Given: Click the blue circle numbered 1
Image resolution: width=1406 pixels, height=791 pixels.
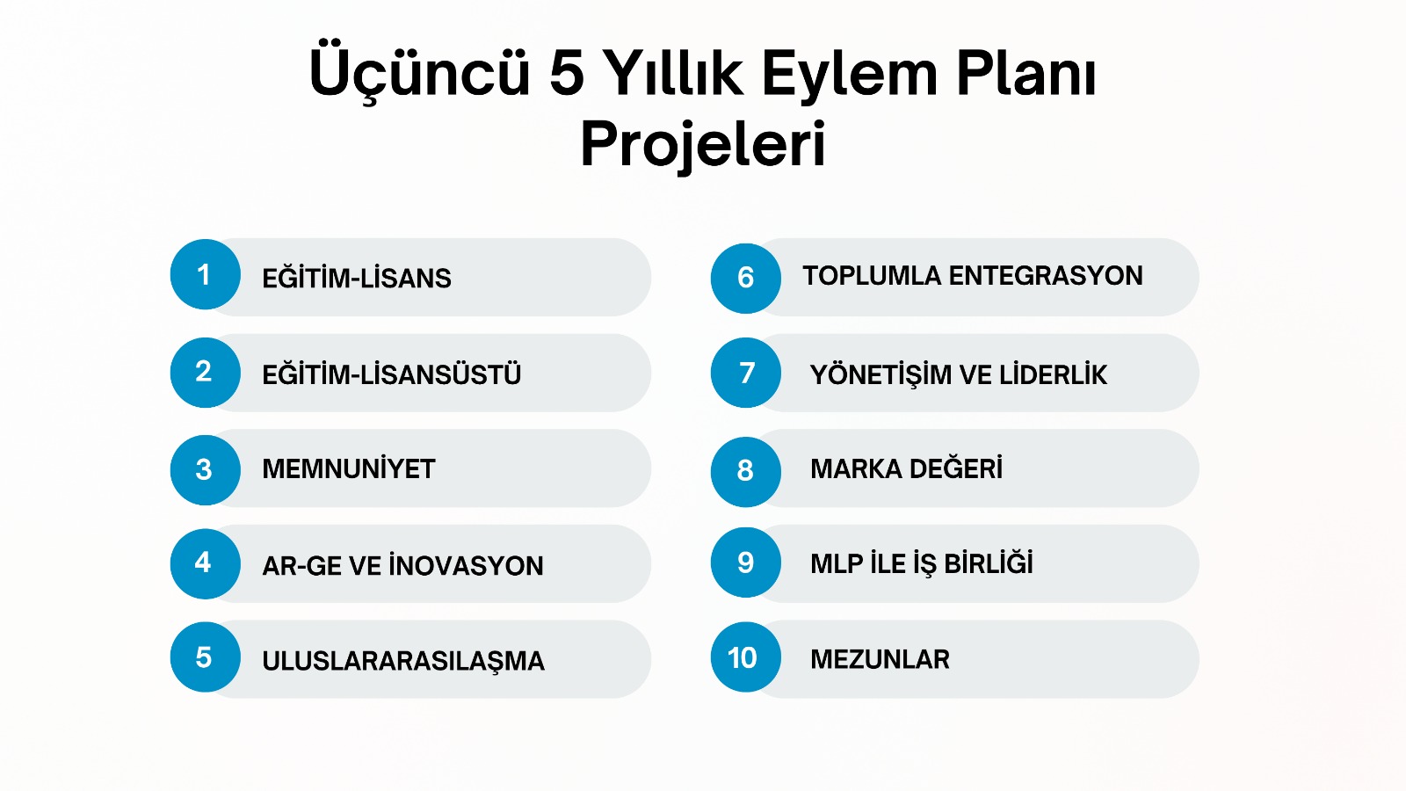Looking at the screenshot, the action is [x=206, y=274].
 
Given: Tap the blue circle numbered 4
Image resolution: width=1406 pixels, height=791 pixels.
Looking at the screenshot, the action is [x=206, y=563].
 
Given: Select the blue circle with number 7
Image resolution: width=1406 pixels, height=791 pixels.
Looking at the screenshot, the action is [x=746, y=373].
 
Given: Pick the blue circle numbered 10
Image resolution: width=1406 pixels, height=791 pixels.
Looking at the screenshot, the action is [x=746, y=657].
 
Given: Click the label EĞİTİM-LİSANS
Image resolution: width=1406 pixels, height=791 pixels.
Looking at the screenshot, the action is [x=357, y=278].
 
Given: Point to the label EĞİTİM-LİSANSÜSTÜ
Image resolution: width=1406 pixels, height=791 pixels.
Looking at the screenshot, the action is [x=392, y=374].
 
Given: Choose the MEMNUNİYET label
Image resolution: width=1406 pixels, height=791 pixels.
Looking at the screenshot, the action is [x=349, y=469].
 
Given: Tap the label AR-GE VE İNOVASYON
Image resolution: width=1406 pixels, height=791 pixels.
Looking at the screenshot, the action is [x=403, y=565].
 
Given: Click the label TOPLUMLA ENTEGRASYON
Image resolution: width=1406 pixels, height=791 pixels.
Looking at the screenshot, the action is [x=973, y=276].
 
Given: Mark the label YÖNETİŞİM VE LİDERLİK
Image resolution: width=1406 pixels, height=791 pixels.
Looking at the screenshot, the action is [x=959, y=374].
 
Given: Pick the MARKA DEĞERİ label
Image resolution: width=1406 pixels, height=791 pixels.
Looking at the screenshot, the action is [x=906, y=468].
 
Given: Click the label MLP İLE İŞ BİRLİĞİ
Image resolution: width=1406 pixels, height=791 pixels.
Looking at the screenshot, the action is [x=922, y=563].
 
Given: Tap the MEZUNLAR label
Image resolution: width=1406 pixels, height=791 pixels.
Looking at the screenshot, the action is [x=880, y=659].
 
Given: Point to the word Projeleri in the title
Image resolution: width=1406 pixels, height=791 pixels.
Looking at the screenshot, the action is [x=703, y=144].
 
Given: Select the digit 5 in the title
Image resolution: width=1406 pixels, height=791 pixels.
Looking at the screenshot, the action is [x=567, y=74].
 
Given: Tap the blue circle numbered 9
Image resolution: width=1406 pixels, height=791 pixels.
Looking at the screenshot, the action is [x=746, y=562].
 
